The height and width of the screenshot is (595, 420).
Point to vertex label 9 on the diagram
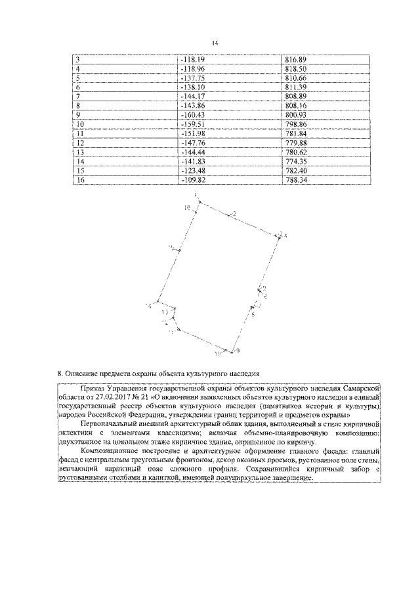[238, 350]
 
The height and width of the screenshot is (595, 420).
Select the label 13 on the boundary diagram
[164, 312]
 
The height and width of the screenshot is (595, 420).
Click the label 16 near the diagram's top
[186, 207]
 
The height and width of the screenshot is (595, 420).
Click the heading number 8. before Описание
[60, 373]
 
